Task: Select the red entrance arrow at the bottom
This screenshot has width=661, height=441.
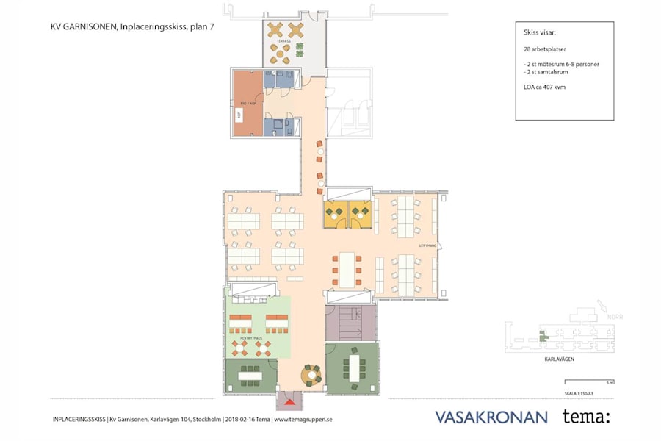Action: point(290,401)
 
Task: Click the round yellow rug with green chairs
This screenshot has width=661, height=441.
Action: point(313,375)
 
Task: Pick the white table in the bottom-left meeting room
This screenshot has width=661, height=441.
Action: point(251,376)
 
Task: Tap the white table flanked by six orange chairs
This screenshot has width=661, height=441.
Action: point(345,270)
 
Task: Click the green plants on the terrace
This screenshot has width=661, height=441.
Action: point(300,49)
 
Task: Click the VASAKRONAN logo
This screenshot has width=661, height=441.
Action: point(491,417)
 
